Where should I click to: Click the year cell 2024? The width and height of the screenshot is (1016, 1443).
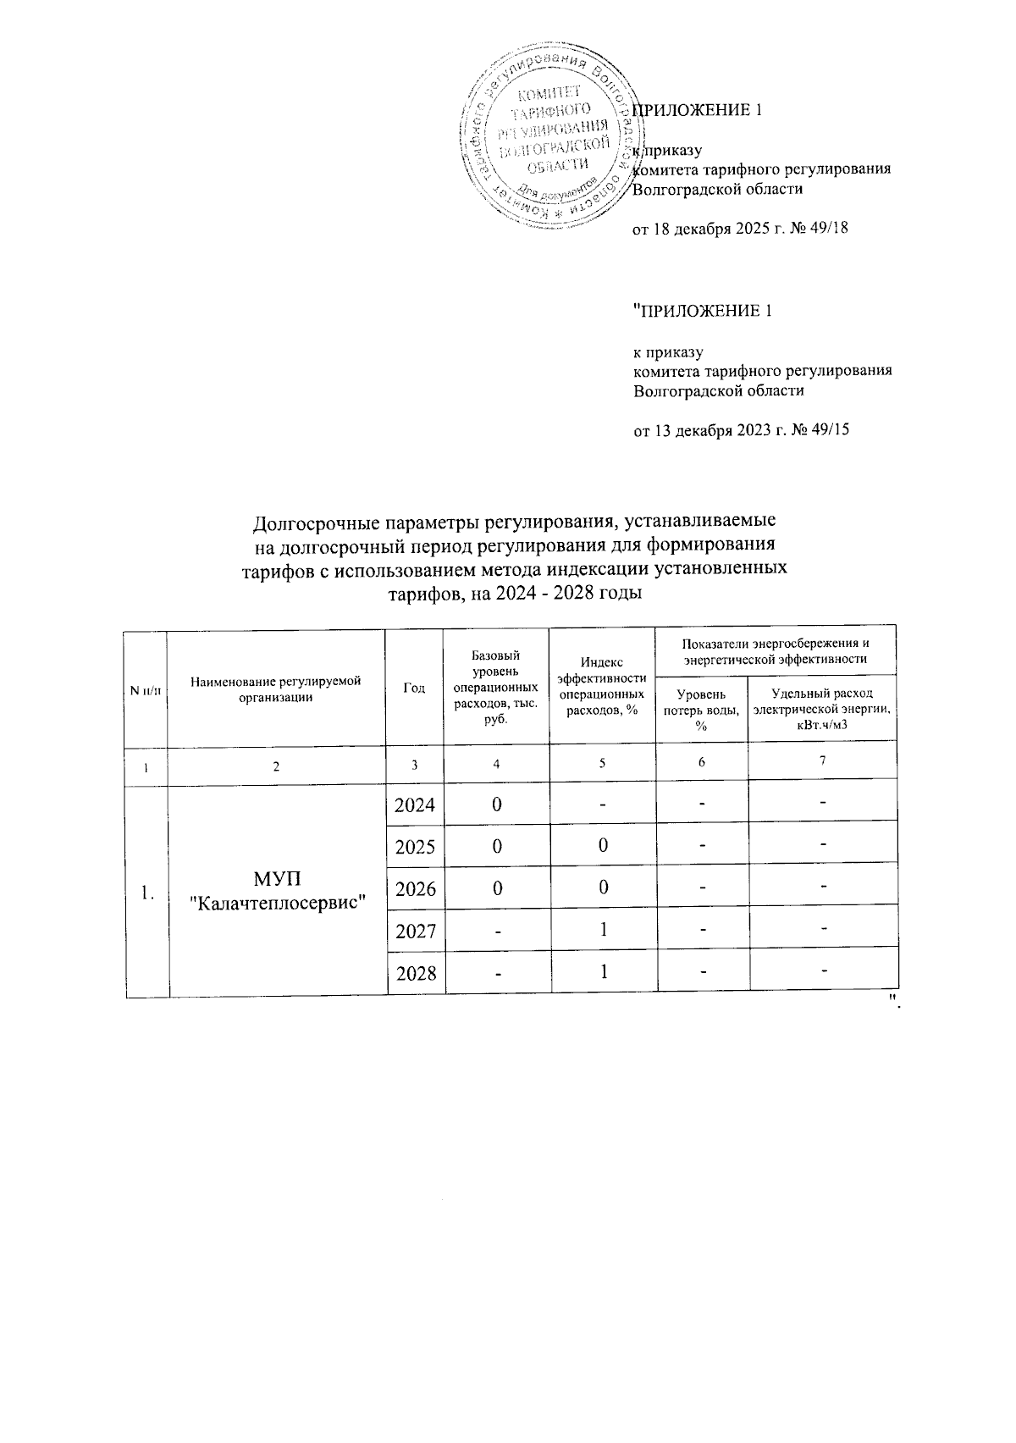click(x=415, y=804)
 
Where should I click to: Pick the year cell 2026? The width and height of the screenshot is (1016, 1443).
click(x=415, y=889)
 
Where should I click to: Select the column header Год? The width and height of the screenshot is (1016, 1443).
click(x=414, y=688)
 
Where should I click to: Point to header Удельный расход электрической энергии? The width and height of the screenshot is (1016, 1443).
click(x=821, y=709)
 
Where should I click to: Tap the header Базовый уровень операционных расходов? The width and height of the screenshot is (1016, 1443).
click(x=496, y=687)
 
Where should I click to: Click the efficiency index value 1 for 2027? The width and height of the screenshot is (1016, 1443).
click(x=603, y=930)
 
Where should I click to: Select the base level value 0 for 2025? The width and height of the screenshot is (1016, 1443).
click(x=497, y=846)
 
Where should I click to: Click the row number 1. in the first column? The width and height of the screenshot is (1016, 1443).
click(x=146, y=893)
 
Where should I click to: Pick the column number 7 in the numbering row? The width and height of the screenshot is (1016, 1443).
click(x=822, y=760)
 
